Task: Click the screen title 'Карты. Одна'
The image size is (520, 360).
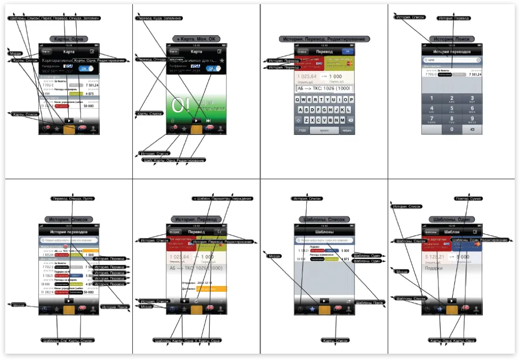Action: pyautogui.click(x=68, y=39)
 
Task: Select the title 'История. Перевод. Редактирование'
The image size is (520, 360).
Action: pyautogui.click(x=324, y=39)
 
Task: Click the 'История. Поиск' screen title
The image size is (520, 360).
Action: pyautogui.click(x=452, y=39)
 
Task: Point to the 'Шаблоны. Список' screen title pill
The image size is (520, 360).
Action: pyautogui.click(x=324, y=219)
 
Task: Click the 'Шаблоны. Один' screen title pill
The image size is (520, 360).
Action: pyautogui.click(x=452, y=219)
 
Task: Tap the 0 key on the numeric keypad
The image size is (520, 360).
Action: pyautogui.click(x=452, y=129)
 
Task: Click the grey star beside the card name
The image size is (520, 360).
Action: pyautogui.click(x=222, y=61)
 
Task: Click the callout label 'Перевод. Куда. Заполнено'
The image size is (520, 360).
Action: pyautogui.click(x=159, y=18)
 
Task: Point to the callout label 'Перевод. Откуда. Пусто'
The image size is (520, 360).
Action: pyautogui.click(x=72, y=198)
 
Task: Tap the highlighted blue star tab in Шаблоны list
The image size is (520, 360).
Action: pyautogui.click(x=312, y=310)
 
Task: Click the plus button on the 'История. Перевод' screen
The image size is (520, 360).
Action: pyautogui.click(x=184, y=301)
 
